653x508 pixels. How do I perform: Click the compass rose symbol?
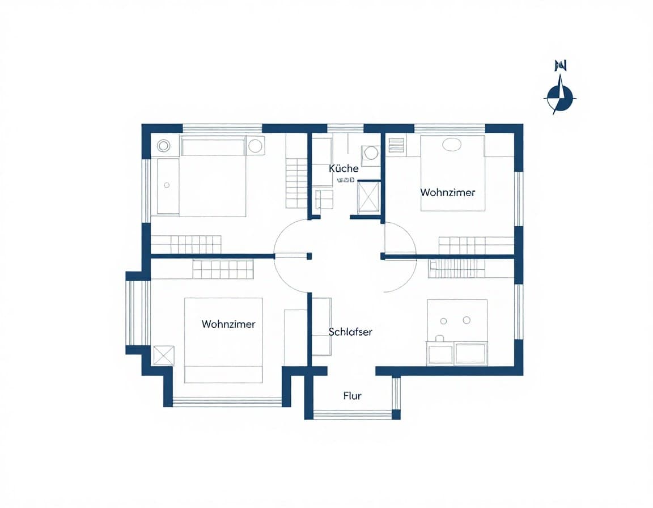(x=560, y=97)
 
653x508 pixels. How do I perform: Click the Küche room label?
(x=344, y=168)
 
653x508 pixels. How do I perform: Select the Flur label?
(x=352, y=396)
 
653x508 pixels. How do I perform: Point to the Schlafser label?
(x=350, y=332)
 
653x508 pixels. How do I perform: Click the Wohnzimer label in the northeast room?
(x=448, y=192)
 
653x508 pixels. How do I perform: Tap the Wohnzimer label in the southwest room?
(x=228, y=324)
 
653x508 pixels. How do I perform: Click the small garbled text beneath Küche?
(x=345, y=180)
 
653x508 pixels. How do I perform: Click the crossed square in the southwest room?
(x=164, y=355)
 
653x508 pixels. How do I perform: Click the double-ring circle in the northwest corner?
(x=163, y=145)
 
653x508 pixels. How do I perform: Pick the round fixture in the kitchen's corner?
(x=371, y=153)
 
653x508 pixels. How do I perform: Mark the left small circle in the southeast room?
(x=444, y=320)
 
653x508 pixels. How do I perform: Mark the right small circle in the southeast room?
(x=467, y=320)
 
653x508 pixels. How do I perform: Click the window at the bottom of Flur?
(x=353, y=414)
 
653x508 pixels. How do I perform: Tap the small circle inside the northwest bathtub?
(x=167, y=185)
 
